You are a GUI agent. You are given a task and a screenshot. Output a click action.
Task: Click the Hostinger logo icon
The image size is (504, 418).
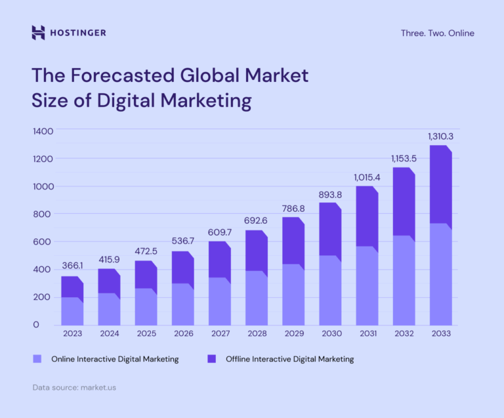click(38, 32)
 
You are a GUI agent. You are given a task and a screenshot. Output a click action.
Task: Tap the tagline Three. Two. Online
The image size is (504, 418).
click(437, 33)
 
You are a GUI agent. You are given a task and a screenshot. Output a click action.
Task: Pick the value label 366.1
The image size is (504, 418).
click(73, 266)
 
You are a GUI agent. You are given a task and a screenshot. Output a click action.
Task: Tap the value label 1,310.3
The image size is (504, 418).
click(441, 136)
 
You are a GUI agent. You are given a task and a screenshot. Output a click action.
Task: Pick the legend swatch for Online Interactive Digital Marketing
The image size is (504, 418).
click(37, 359)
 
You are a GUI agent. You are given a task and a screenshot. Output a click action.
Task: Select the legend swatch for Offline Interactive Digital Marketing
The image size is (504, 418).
click(211, 359)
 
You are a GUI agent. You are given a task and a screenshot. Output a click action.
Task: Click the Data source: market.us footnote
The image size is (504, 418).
click(74, 388)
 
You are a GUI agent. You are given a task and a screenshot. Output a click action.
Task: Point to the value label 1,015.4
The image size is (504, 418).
click(367, 177)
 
